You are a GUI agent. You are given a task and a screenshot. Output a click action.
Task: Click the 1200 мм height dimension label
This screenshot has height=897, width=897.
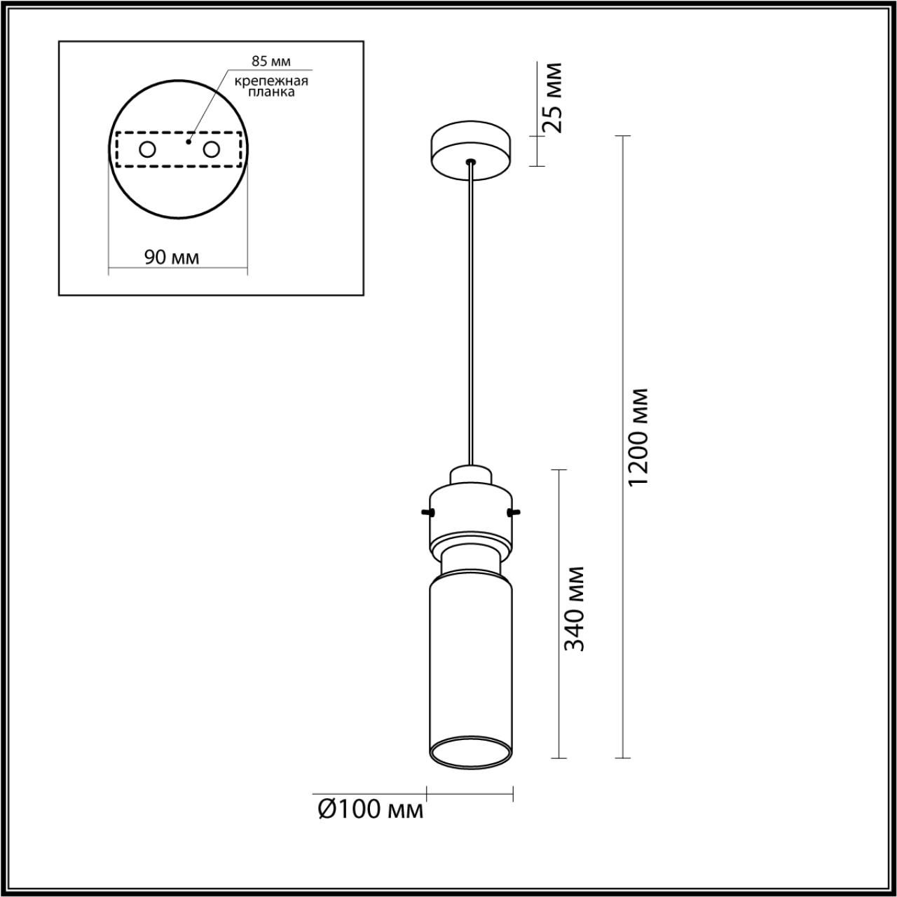(638, 437)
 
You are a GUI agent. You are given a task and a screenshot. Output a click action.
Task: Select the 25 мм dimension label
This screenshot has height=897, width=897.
(553, 97)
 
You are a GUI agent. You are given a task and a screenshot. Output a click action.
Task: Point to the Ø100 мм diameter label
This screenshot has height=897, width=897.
(371, 810)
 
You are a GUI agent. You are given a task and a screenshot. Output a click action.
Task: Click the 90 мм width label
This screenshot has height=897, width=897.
(172, 257)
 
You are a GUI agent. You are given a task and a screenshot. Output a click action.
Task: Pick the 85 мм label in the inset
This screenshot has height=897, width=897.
(271, 62)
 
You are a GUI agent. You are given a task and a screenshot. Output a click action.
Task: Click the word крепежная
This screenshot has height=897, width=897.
(271, 81)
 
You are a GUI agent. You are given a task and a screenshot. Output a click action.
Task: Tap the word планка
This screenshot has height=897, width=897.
(271, 92)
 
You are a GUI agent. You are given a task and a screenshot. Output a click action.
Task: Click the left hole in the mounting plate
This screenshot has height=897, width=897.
(148, 149)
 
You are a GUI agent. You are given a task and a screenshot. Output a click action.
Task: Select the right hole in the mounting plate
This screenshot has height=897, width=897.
(211, 149)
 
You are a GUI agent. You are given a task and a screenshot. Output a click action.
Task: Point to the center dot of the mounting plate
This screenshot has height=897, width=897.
(187, 142)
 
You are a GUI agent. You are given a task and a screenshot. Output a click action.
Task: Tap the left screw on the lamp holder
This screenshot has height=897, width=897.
(427, 512)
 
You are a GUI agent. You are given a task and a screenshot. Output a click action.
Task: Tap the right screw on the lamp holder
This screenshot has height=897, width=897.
(516, 512)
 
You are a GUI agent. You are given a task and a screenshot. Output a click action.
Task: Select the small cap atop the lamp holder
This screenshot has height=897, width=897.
(470, 474)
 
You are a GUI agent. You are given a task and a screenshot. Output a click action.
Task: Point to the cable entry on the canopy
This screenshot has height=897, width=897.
(470, 162)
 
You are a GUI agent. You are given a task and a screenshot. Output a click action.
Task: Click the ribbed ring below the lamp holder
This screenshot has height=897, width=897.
(470, 542)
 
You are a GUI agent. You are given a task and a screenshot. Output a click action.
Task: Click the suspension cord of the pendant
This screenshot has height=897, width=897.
(470, 315)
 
